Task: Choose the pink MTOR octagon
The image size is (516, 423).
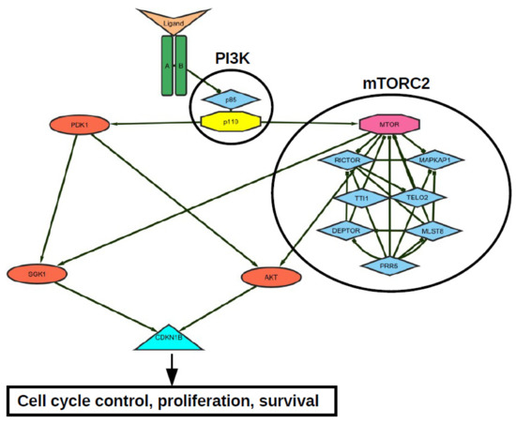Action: click(x=387, y=123)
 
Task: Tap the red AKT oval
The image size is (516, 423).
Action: click(x=268, y=277)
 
